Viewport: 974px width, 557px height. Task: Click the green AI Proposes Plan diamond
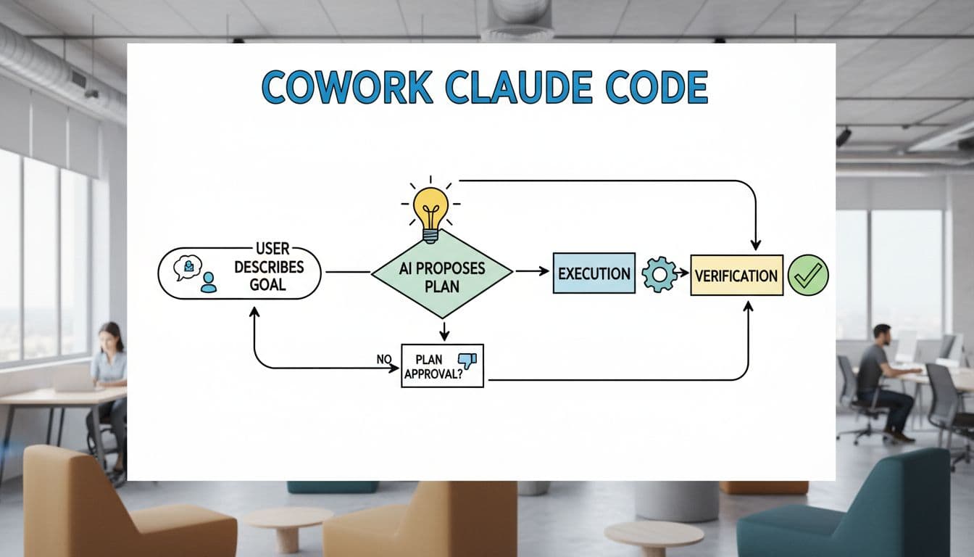tap(441, 274)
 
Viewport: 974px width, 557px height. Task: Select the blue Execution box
tap(594, 273)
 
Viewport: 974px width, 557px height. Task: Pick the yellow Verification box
tap(736, 275)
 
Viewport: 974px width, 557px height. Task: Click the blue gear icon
tap(659, 275)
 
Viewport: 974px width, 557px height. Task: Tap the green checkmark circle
tap(807, 275)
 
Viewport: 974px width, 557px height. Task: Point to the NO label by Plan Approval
tap(384, 358)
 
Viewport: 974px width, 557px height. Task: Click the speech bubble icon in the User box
tap(186, 267)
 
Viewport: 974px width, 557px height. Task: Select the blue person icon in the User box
tap(209, 282)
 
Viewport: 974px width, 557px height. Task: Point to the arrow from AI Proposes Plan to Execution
tap(532, 271)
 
